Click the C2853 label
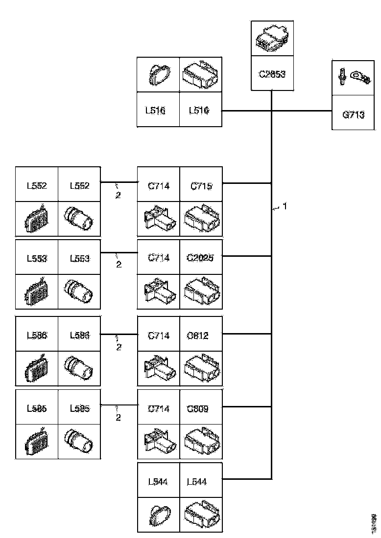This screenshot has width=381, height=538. tap(272, 74)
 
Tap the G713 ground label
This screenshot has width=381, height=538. tap(353, 115)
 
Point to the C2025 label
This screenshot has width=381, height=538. tap(200, 258)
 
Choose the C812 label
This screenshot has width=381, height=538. tap(198, 336)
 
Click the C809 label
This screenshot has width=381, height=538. tap(198, 409)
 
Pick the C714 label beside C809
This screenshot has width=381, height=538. tap(159, 409)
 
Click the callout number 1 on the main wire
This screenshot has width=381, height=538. tap(285, 206)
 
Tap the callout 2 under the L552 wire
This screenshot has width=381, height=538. tap(118, 195)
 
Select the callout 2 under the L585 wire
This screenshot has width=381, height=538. tap(118, 417)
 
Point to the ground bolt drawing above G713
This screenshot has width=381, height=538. tap(353, 77)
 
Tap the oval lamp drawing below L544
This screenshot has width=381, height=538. tap(159, 515)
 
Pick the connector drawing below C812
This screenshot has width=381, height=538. tap(201, 368)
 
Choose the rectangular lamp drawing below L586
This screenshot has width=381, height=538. tap(37, 368)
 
